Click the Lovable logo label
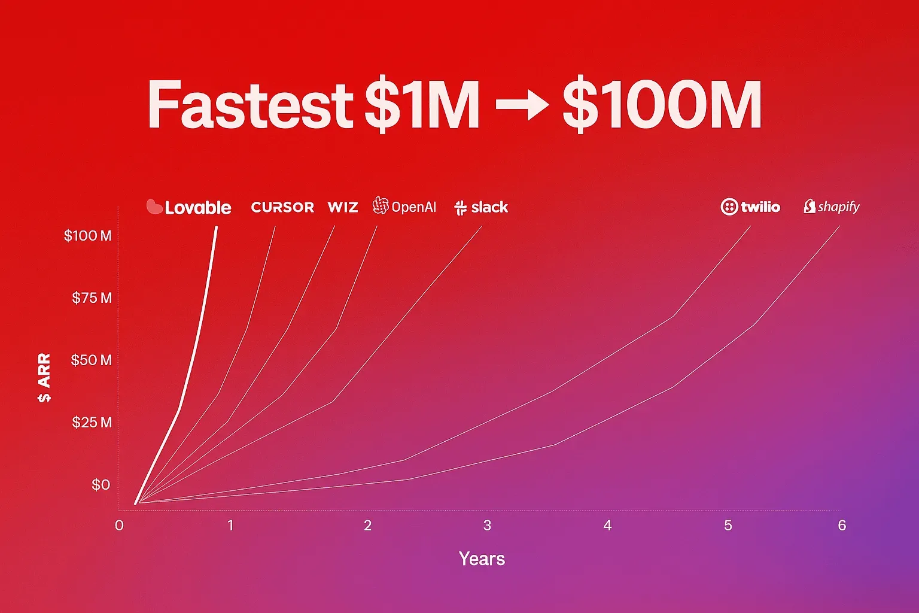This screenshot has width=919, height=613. (x=189, y=207)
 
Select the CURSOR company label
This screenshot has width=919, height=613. (x=282, y=207)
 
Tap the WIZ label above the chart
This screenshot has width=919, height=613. (x=343, y=207)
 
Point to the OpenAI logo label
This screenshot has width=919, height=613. (x=404, y=207)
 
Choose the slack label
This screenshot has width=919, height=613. (x=482, y=207)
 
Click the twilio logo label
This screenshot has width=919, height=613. (x=751, y=207)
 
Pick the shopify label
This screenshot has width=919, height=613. (x=832, y=207)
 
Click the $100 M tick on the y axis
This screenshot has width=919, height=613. (x=88, y=236)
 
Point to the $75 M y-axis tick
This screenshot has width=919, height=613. (x=92, y=298)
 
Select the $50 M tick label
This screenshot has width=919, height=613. (x=91, y=360)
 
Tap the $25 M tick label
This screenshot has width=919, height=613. (x=92, y=423)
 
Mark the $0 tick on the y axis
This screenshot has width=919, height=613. (x=101, y=485)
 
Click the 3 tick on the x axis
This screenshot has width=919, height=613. (x=488, y=526)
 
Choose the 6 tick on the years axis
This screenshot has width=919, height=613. (x=842, y=526)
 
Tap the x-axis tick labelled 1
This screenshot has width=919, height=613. (x=230, y=526)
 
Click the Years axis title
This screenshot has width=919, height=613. (x=482, y=559)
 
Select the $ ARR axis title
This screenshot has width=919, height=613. (x=44, y=378)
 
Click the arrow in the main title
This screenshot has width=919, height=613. (x=522, y=105)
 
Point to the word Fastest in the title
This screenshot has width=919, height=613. (x=250, y=105)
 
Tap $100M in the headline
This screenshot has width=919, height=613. (x=662, y=105)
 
